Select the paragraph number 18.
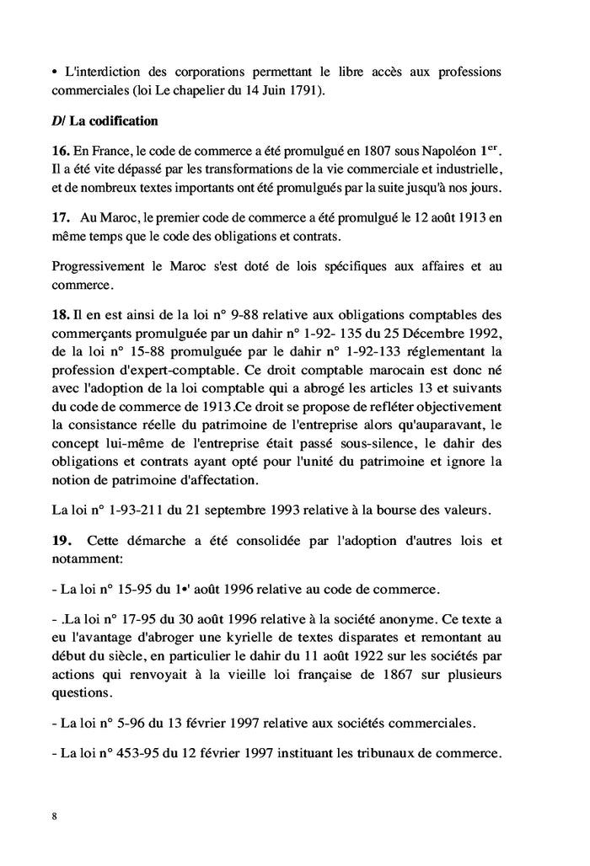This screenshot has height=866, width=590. pos(61,313)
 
